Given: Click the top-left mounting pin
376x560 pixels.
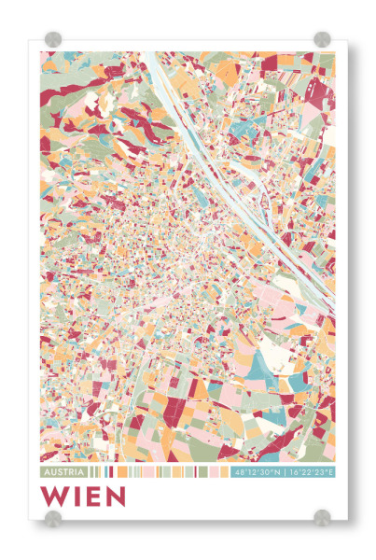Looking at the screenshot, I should (x=53, y=39).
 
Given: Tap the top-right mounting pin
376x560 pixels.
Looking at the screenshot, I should (x=322, y=39).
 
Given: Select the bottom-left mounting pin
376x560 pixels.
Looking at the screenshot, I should (x=53, y=516).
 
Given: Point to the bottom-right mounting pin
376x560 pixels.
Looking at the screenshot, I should (x=322, y=516).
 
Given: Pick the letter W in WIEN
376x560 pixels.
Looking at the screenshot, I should (x=52, y=496).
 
